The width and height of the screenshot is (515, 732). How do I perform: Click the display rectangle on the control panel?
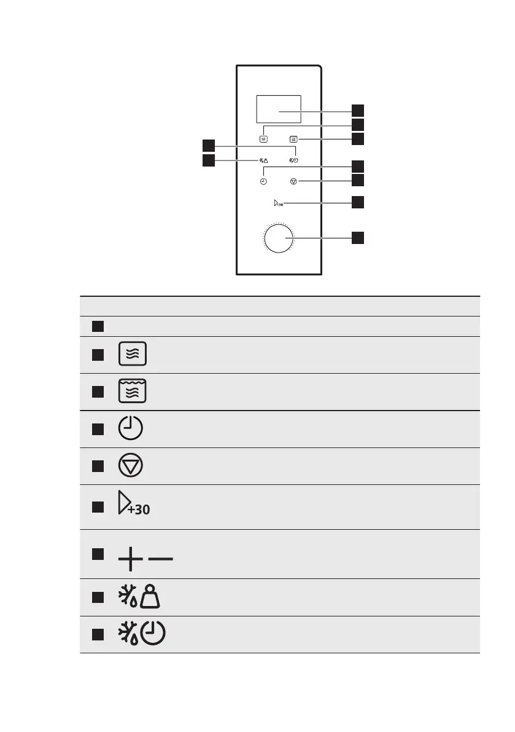tap(279, 109)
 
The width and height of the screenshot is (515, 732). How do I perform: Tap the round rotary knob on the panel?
tap(279, 238)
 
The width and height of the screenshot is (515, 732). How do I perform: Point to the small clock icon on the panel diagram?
tap(263, 182)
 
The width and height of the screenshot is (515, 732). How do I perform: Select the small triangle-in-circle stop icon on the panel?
tap(293, 182)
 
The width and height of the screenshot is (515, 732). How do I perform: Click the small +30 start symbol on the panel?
tap(277, 203)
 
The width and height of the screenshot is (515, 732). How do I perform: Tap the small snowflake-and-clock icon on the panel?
tap(293, 161)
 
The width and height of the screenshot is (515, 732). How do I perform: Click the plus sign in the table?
tap(130, 559)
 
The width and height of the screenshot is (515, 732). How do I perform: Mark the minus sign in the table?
tap(161, 559)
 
